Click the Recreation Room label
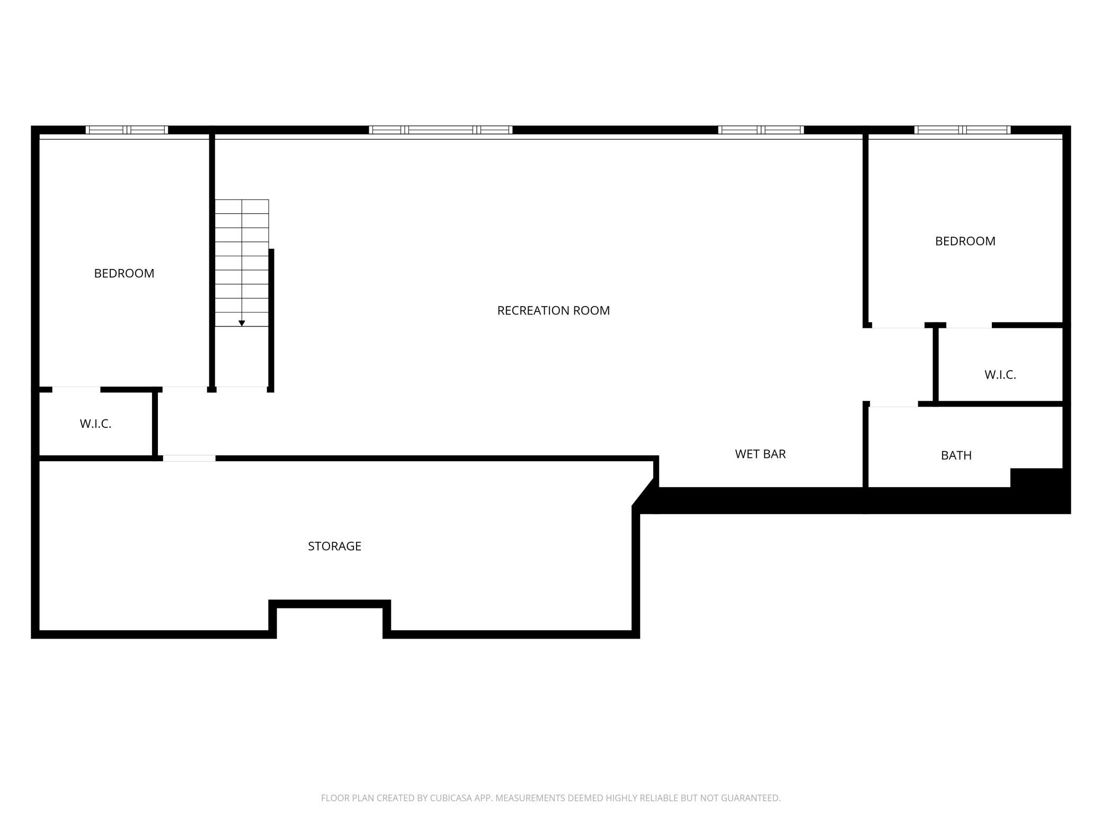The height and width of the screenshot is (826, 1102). [x=553, y=311]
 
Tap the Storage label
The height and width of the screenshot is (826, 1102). [x=334, y=546]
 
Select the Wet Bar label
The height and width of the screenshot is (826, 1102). [x=760, y=454]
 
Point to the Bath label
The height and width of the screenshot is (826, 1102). [x=956, y=455]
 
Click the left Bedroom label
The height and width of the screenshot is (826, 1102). [x=124, y=273]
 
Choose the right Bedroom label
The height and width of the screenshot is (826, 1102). [x=965, y=241]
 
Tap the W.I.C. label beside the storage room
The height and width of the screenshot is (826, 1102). [x=95, y=424]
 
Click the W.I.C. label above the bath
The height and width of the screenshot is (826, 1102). [x=1000, y=375]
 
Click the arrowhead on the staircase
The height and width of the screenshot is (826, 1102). [x=242, y=323]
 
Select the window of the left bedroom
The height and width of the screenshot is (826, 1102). [x=127, y=130]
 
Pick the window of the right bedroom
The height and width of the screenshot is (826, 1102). [x=962, y=130]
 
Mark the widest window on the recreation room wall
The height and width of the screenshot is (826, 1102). [x=440, y=130]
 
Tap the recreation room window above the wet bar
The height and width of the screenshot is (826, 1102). [x=761, y=130]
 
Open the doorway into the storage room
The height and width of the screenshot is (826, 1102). [x=189, y=458]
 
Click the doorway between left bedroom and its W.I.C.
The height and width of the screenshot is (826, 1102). [x=76, y=390]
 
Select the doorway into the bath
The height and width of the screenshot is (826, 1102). [x=894, y=404]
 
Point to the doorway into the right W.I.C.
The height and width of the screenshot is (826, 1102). [x=969, y=325]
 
